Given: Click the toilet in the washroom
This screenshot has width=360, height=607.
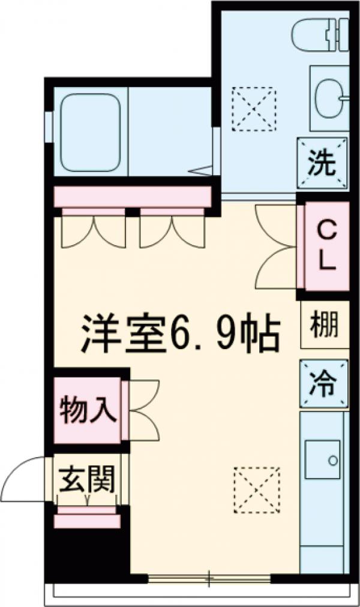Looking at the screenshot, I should [x=314, y=35].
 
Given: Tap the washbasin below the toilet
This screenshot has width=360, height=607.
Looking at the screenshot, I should [x=329, y=98].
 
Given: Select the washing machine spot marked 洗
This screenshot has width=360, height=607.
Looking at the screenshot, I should [x=323, y=163].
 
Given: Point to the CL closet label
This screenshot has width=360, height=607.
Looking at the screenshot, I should [x=325, y=245].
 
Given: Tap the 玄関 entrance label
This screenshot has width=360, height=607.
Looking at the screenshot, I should [x=86, y=480].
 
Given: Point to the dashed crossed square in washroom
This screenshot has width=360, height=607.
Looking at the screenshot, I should [x=254, y=109].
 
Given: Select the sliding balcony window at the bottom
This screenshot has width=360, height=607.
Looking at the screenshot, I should [x=210, y=579].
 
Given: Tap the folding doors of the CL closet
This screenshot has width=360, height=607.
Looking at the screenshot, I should [x=277, y=247].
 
